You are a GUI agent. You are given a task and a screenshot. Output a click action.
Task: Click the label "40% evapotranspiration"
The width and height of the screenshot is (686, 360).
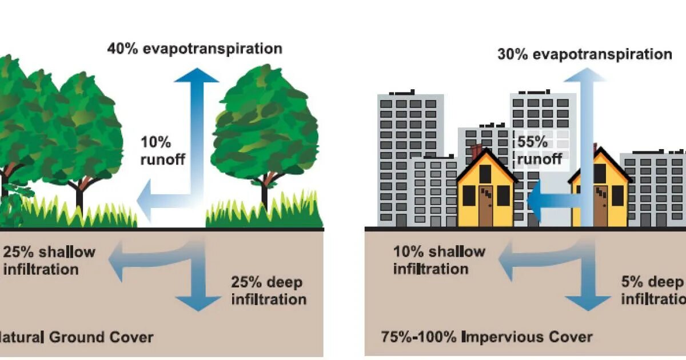[194, 49]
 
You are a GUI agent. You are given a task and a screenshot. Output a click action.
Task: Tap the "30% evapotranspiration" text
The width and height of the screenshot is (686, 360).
[584, 55]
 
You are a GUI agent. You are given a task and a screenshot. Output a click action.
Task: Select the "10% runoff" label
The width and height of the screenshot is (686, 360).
[162, 150]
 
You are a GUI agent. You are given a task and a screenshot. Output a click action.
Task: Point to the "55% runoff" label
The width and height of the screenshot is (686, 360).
[539, 150]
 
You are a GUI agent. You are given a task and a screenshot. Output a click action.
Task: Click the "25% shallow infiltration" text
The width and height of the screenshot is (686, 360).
[49, 260]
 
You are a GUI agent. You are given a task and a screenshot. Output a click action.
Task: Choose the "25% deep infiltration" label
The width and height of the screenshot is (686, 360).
[269, 290]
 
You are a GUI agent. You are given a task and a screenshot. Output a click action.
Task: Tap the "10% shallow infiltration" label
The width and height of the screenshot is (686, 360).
[439, 260]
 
